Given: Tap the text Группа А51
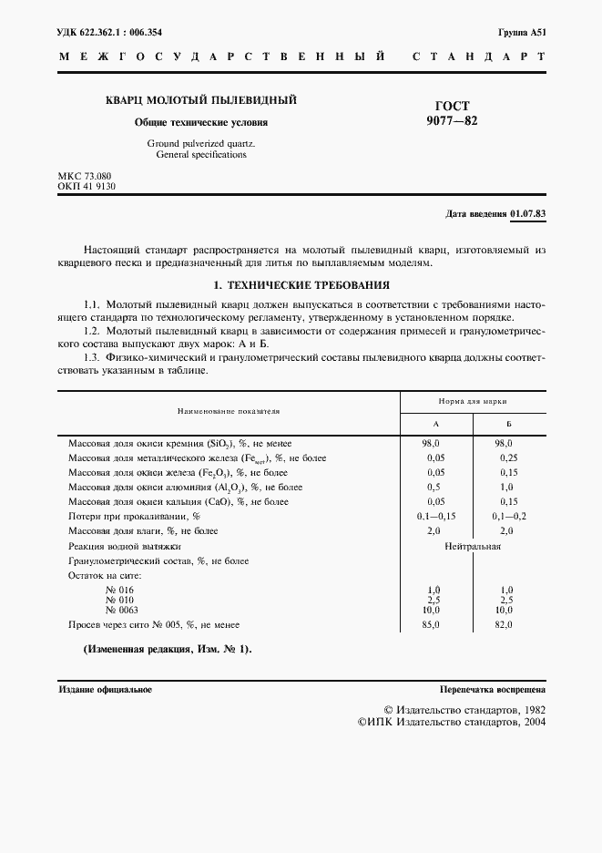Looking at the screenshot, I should pos(522,31).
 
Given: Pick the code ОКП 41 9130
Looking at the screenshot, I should pos(87,186).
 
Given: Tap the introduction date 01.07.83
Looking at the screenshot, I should pos(528,214).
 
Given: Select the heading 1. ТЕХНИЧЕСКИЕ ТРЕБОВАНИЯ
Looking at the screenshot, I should pos(301,284).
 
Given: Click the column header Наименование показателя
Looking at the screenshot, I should pos(229,412).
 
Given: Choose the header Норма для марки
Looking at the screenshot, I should pos(473,401).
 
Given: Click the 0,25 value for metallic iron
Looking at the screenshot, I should pos(508,457).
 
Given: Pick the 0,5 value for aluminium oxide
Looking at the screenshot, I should pos(434,487).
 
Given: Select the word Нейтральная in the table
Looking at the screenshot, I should pos(473,546).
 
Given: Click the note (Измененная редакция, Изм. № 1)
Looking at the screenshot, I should pos(167,649).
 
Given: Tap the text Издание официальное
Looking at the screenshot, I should pos(105,690).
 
